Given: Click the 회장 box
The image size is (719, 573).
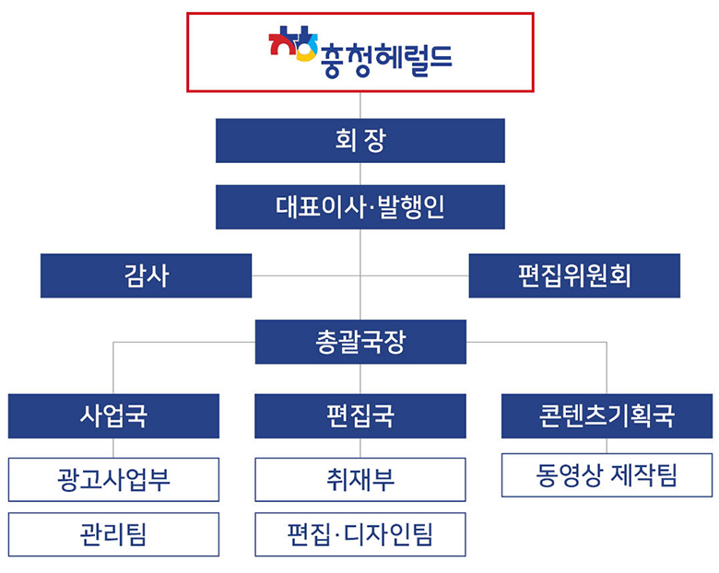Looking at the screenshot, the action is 360,141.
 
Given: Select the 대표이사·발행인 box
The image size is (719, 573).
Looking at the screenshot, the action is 360,207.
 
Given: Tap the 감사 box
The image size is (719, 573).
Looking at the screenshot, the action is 146,276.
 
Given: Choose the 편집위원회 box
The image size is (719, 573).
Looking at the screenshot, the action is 574,276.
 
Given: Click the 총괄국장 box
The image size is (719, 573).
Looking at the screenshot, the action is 360,342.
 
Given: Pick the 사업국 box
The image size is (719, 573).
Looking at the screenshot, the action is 113,416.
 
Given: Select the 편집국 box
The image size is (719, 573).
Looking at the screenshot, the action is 360,416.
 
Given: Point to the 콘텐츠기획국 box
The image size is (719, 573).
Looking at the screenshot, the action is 607,416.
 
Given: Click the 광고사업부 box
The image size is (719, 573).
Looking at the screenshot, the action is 113,479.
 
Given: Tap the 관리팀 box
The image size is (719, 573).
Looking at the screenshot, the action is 113,534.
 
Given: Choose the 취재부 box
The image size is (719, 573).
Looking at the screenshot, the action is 360,479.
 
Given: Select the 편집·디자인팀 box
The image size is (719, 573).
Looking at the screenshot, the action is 360,534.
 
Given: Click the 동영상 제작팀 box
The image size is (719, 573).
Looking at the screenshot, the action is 607,475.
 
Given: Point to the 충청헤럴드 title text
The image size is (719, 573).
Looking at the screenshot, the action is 386,60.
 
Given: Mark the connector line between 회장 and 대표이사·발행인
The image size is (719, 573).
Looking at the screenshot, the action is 360,174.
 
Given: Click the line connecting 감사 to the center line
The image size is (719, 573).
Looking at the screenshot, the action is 306,276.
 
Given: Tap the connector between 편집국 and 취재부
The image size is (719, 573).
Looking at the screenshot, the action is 360,448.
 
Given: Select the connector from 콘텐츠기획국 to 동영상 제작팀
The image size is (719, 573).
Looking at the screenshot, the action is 607,446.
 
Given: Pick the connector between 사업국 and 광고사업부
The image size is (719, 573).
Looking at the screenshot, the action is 113,448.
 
